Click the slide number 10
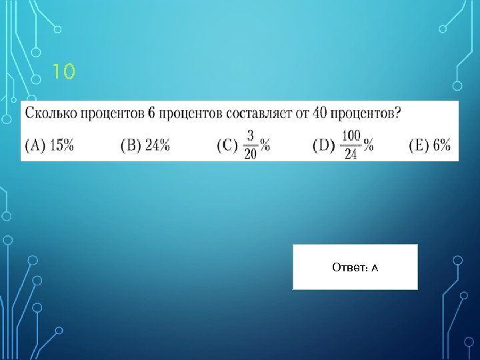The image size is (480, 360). (64, 71)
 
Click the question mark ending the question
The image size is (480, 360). (398, 113)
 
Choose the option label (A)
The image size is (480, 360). (35, 145)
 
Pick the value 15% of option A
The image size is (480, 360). (61, 145)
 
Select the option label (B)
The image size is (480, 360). (131, 145)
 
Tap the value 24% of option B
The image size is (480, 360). (157, 145)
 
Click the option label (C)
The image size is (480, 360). (228, 145)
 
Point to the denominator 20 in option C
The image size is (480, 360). (251, 153)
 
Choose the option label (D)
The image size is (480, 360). (324, 145)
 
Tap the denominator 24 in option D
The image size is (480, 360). (352, 153)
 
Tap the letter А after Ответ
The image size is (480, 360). (375, 268)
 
